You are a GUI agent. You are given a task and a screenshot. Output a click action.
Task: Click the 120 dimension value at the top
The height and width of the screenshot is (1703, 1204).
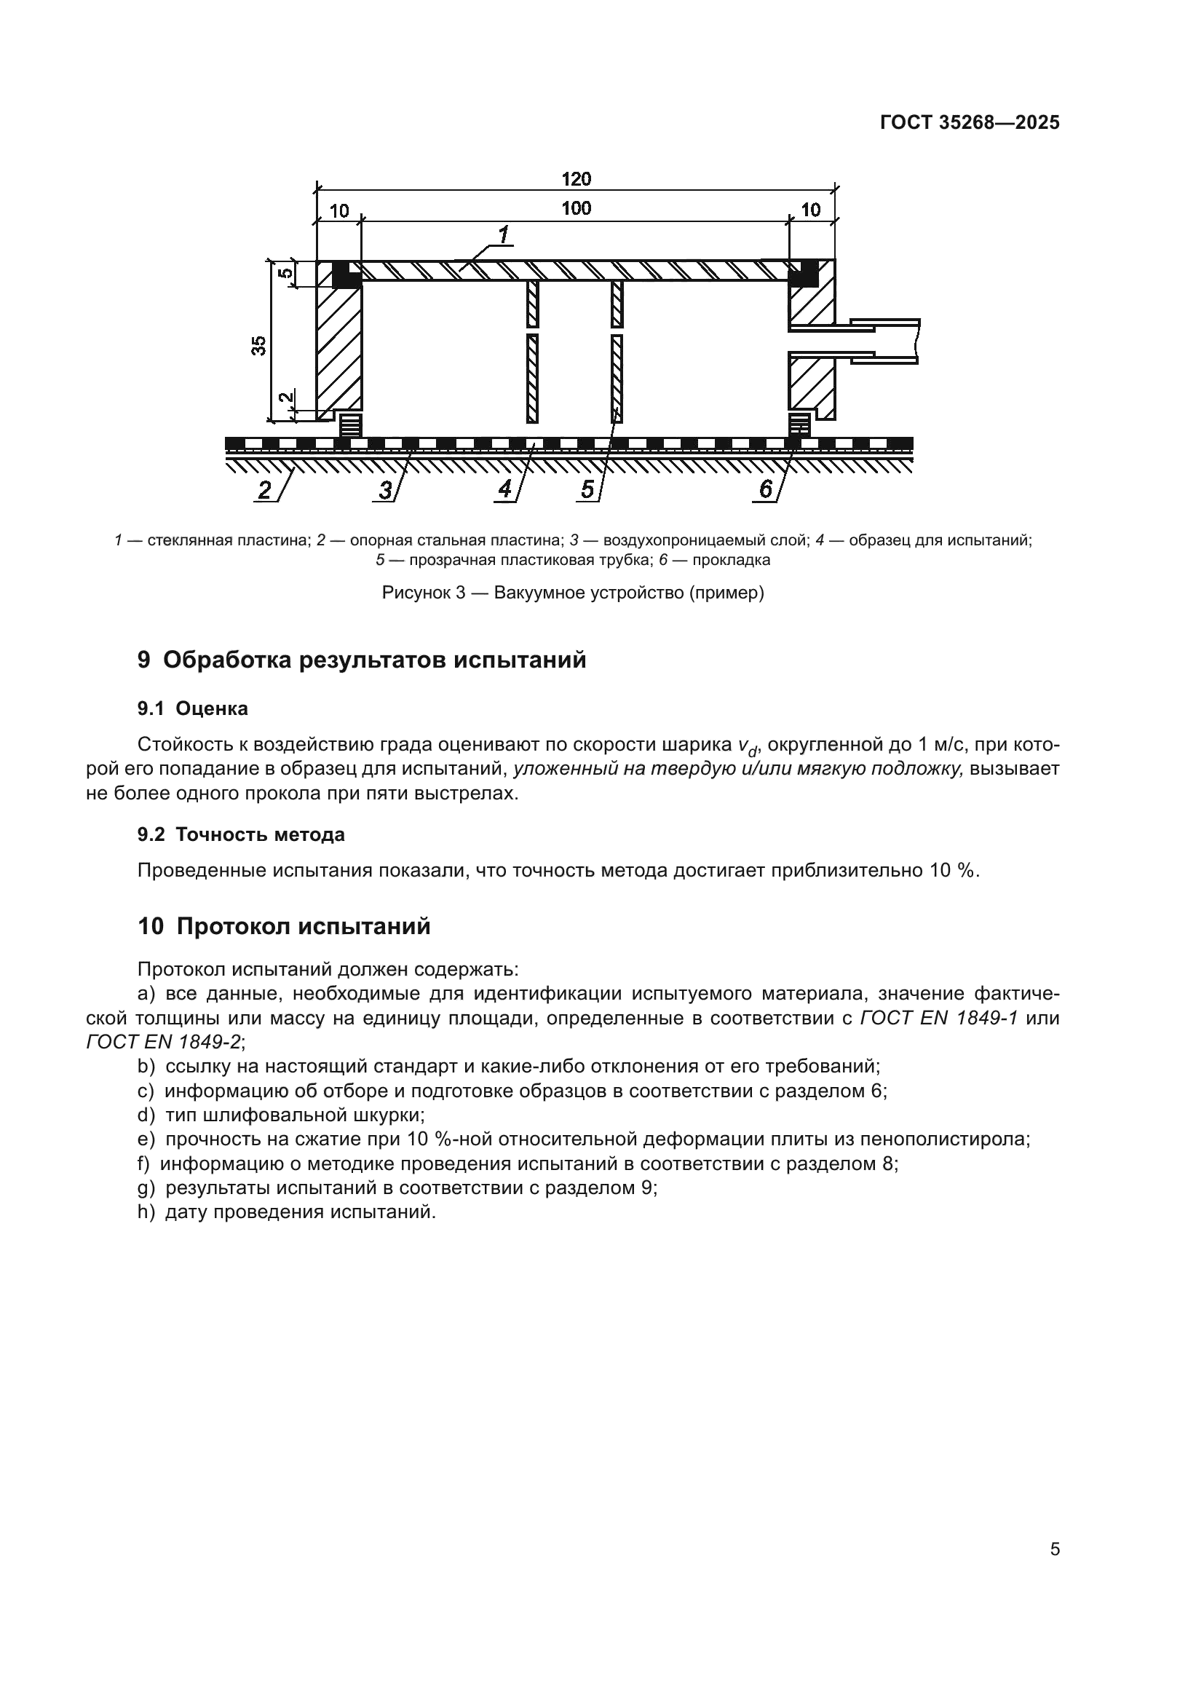tap(576, 179)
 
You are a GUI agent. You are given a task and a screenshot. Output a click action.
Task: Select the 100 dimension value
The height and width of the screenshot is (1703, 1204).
tap(576, 208)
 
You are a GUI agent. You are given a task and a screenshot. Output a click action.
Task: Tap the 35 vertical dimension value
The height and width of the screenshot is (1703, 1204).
tap(258, 346)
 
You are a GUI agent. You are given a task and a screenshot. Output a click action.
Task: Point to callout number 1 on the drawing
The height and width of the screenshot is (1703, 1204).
tap(504, 236)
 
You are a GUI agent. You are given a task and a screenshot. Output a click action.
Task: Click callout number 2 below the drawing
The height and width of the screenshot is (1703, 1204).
tap(264, 490)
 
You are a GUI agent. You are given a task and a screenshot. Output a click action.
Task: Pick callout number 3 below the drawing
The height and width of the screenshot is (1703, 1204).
tap(385, 490)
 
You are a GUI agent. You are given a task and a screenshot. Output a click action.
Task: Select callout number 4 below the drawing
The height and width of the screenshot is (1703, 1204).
tap(505, 489)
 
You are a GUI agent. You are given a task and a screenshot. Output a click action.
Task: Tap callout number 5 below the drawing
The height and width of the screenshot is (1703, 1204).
tap(587, 489)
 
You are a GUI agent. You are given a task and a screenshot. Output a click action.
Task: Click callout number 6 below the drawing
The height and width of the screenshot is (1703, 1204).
tap(766, 489)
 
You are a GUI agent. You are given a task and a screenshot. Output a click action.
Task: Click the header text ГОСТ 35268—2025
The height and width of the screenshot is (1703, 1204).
tap(970, 122)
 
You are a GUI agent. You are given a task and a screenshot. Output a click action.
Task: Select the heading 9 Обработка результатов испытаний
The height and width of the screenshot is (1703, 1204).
tap(362, 660)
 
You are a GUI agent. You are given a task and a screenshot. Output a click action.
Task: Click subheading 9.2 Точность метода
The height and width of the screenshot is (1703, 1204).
tap(241, 834)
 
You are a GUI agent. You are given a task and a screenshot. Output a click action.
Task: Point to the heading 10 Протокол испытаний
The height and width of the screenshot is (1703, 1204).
tap(284, 926)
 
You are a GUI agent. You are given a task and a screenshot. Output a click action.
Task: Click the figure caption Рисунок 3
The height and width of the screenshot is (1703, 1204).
tap(572, 593)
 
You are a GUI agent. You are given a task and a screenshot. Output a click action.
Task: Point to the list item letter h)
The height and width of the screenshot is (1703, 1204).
tap(146, 1212)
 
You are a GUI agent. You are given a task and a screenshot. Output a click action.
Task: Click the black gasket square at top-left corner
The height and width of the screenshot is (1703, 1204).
tap(346, 275)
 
